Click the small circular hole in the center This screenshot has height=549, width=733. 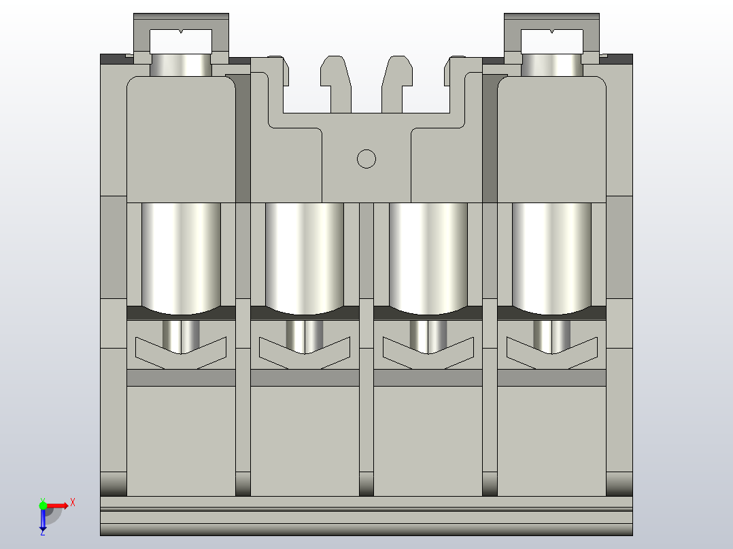(366, 158)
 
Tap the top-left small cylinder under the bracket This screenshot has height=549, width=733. (181, 65)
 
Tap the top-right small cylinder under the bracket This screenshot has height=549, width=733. (551, 65)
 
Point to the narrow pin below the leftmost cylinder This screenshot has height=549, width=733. (181, 336)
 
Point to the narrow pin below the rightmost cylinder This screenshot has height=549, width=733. (551, 336)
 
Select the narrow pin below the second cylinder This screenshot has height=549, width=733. (304, 336)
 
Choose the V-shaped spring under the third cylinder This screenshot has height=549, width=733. (428, 354)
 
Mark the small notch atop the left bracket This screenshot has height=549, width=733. (181, 31)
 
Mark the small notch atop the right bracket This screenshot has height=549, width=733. (551, 31)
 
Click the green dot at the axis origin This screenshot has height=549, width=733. (43, 505)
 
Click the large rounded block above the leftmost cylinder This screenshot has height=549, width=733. (181, 139)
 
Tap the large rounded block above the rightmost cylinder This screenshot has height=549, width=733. (551, 139)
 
